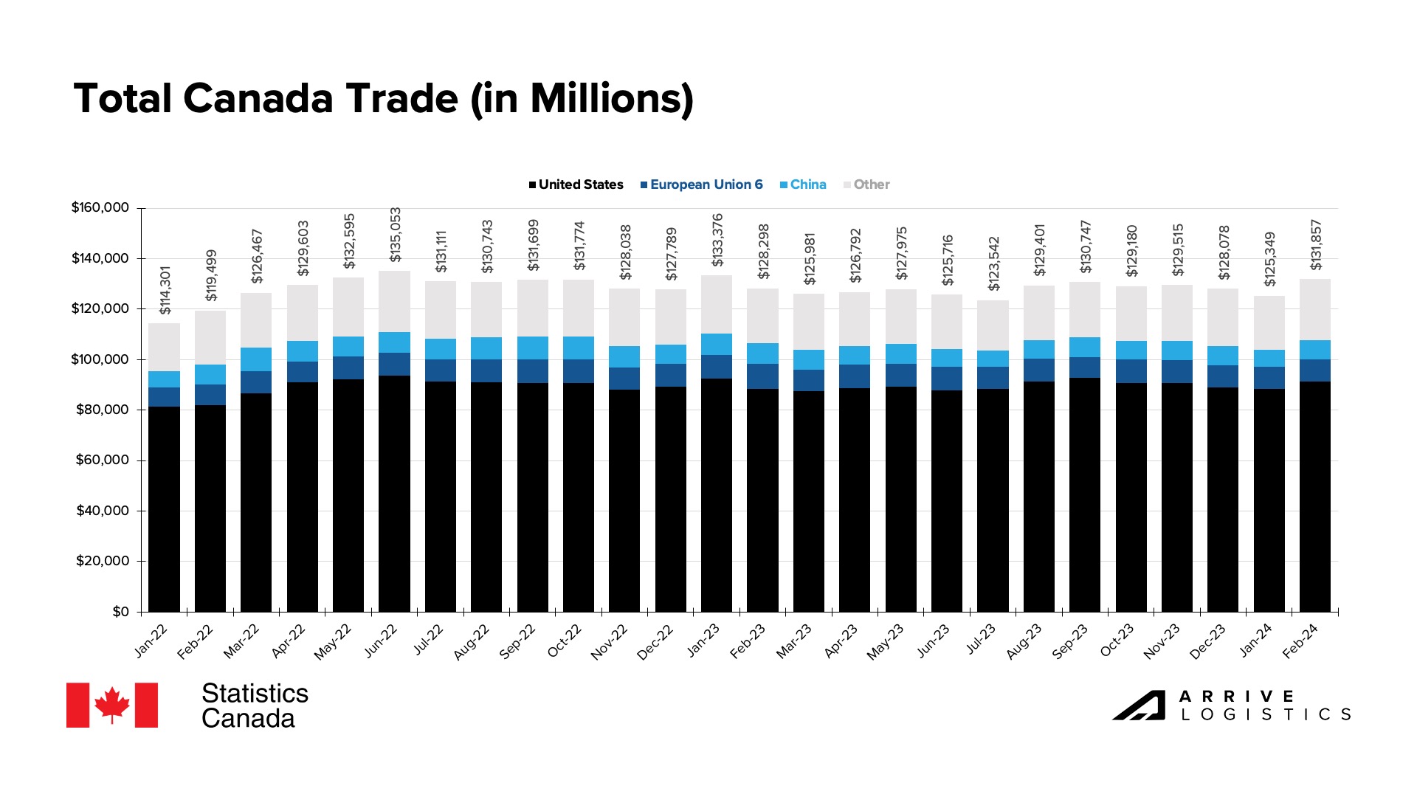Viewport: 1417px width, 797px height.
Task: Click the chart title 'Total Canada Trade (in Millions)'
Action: (x=383, y=99)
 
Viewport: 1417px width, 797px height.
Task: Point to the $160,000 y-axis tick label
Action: (x=100, y=207)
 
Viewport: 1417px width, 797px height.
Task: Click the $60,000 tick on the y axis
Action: (x=102, y=460)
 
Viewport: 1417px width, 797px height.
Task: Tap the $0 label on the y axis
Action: (x=120, y=612)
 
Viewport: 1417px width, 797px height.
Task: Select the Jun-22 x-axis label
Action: (x=381, y=641)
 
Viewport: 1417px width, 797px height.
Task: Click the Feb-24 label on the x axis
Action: (x=1300, y=641)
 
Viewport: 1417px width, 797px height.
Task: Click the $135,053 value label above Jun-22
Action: (x=396, y=235)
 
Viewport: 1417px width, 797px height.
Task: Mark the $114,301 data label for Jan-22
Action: (x=165, y=290)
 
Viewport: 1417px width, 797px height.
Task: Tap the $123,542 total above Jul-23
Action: (x=993, y=263)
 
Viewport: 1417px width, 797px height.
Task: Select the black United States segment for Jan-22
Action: (x=164, y=509)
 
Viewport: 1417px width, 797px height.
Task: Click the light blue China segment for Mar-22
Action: (x=256, y=359)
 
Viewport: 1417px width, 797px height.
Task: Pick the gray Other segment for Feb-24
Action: (x=1314, y=310)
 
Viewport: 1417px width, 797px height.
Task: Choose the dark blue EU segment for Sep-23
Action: (x=1084, y=368)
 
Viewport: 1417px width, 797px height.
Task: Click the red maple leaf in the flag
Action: (x=112, y=705)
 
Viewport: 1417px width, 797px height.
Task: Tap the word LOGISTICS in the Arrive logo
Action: (x=1266, y=714)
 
